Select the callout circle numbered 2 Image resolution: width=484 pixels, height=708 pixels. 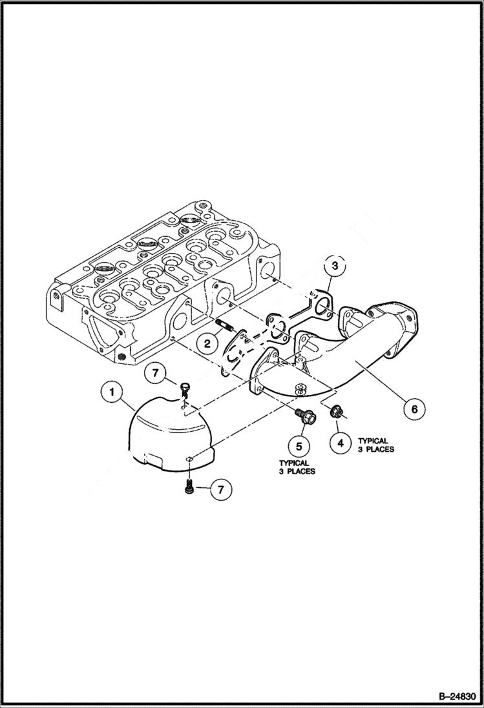[207, 343]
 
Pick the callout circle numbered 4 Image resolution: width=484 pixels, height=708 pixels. [339, 443]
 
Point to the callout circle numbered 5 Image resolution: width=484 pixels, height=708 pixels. [299, 445]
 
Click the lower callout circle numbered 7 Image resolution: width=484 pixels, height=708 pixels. [220, 490]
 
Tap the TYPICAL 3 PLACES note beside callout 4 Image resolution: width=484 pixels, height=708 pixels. [375, 445]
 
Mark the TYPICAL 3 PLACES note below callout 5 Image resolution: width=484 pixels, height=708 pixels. [297, 467]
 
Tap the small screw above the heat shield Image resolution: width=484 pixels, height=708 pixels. [184, 387]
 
